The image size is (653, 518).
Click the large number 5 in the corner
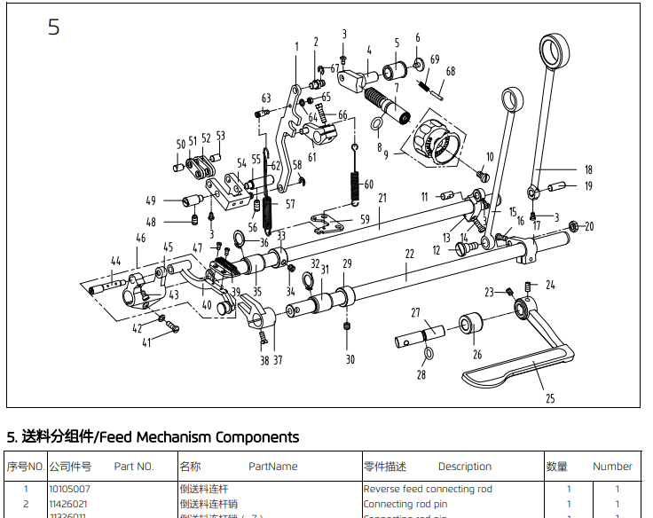click(x=54, y=27)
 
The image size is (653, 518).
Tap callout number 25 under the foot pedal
click(x=550, y=398)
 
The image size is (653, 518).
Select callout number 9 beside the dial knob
click(x=386, y=154)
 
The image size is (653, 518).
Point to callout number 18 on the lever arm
click(x=587, y=169)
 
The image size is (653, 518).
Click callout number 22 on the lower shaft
click(x=409, y=254)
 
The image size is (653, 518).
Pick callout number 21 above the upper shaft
click(x=382, y=198)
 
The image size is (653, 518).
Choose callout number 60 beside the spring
click(x=369, y=184)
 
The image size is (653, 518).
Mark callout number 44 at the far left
click(x=114, y=261)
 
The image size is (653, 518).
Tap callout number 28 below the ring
click(x=421, y=374)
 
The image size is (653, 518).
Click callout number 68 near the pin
click(x=451, y=71)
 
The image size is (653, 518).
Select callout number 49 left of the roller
click(x=151, y=200)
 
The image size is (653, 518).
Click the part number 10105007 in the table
click(x=68, y=489)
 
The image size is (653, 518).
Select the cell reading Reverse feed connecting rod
click(x=428, y=489)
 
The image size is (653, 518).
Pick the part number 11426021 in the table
click(x=67, y=504)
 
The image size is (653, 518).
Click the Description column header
click(x=464, y=466)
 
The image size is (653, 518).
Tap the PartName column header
click(x=272, y=466)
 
